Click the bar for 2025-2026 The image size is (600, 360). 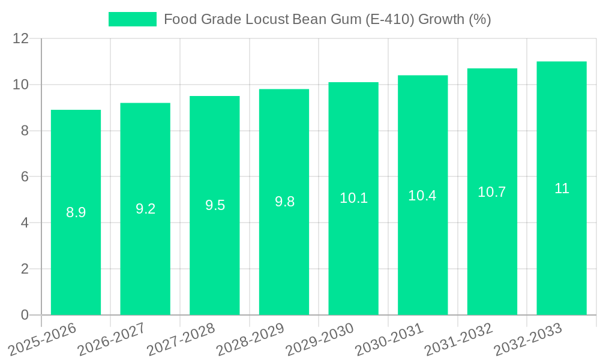[x=76, y=240]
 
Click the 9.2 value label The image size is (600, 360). [x=145, y=209]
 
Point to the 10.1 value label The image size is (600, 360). [x=353, y=198]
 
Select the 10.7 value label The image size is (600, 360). [x=492, y=192]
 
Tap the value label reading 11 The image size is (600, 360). [x=562, y=188]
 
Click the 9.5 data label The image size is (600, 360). [x=215, y=205]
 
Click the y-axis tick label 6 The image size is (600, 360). [x=25, y=177]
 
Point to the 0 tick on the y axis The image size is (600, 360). [x=25, y=315]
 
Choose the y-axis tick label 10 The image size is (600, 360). [x=20, y=85]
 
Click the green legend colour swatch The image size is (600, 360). [x=132, y=19]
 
